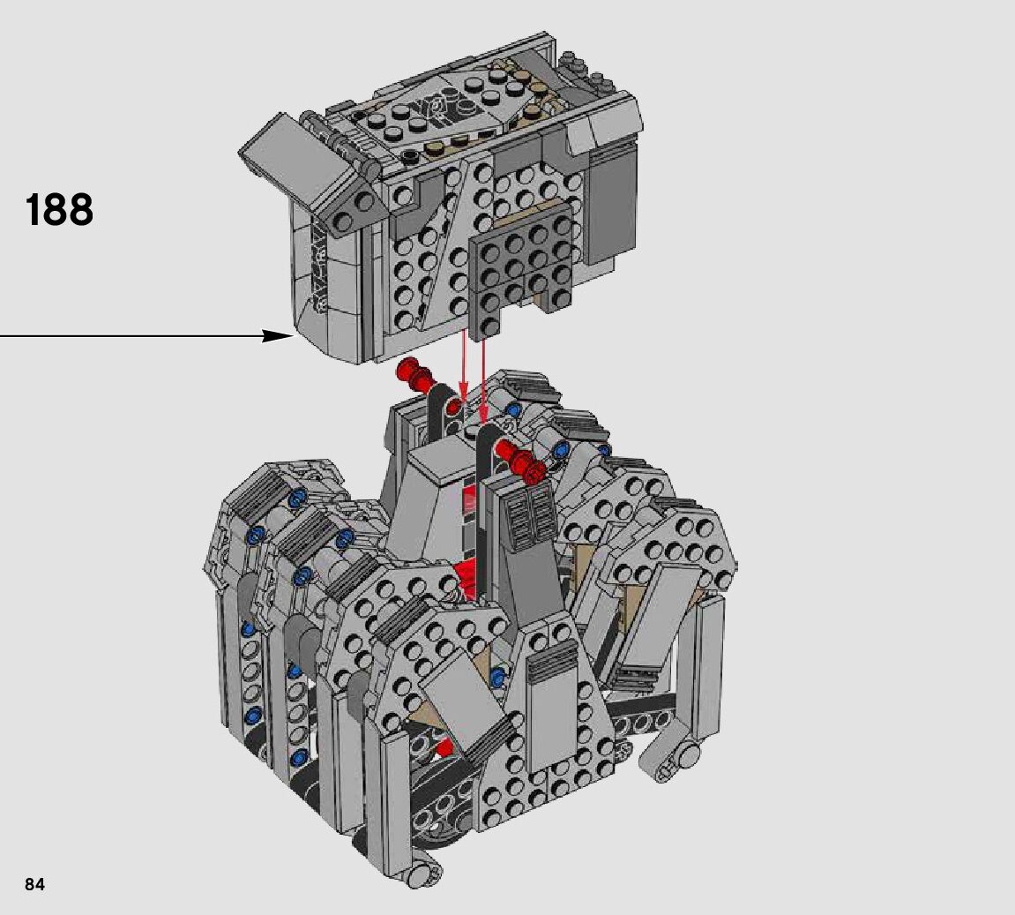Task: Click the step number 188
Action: [59, 210]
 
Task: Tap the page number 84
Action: [35, 884]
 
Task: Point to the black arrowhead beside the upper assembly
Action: [279, 335]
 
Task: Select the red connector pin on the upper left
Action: [415, 376]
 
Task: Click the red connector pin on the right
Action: [522, 459]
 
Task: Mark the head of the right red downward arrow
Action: [484, 416]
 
